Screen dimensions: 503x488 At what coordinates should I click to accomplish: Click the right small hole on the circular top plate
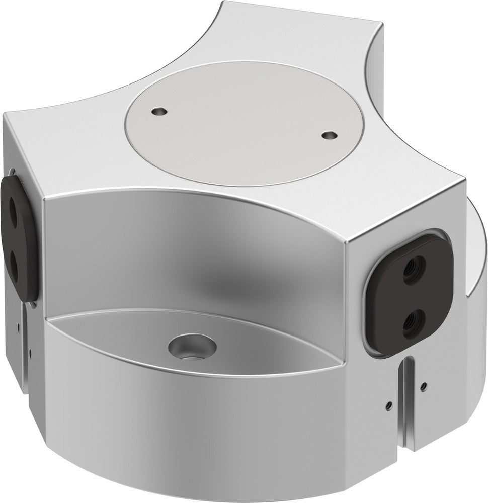tap(329, 135)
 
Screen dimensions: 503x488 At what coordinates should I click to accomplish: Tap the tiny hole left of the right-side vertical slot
tap(388, 404)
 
